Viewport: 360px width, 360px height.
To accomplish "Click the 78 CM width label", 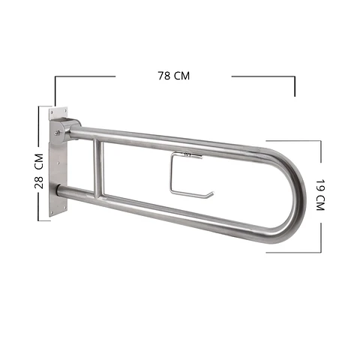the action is click(174, 76).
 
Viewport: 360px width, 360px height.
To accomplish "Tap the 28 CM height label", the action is click(39, 171).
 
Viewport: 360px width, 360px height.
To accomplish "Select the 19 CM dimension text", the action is click(320, 195).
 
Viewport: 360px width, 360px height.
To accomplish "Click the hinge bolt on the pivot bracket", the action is click(57, 133).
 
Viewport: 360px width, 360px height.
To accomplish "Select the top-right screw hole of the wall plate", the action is click(65, 110).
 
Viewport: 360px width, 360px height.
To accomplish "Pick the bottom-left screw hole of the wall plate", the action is click(52, 212).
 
